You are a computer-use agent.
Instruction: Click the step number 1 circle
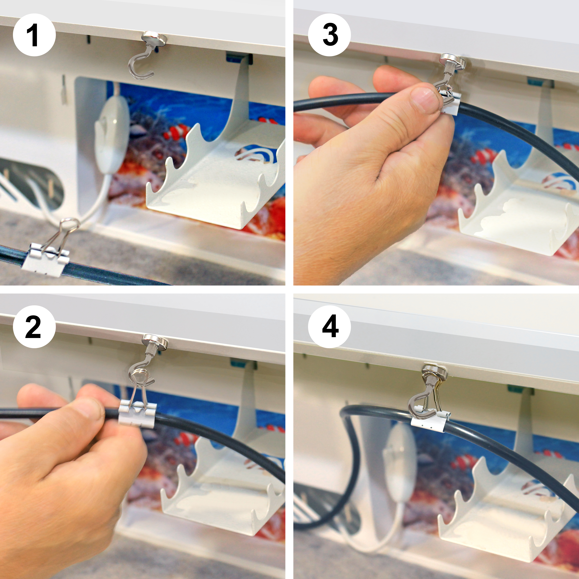tap(34, 35)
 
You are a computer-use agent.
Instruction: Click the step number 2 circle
tap(34, 327)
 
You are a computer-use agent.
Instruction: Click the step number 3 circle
tap(329, 35)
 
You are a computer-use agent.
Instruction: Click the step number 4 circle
tap(329, 327)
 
